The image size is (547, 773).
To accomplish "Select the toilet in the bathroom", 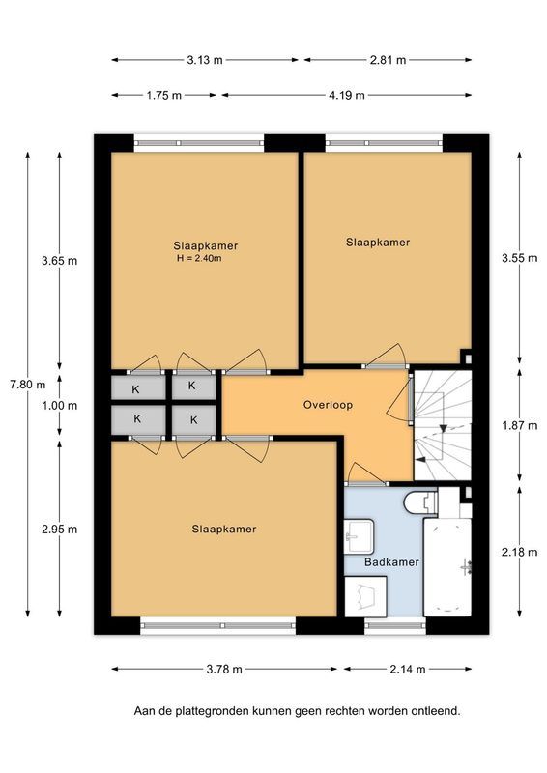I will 419,503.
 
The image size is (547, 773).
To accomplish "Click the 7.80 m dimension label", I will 26,384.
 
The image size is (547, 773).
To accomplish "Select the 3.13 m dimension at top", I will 204,59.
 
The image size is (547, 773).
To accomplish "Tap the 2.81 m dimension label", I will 385,59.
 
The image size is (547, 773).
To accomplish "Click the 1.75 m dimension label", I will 166,95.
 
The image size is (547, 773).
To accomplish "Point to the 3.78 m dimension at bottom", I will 224,669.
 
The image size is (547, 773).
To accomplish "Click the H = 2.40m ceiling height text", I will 199,258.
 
